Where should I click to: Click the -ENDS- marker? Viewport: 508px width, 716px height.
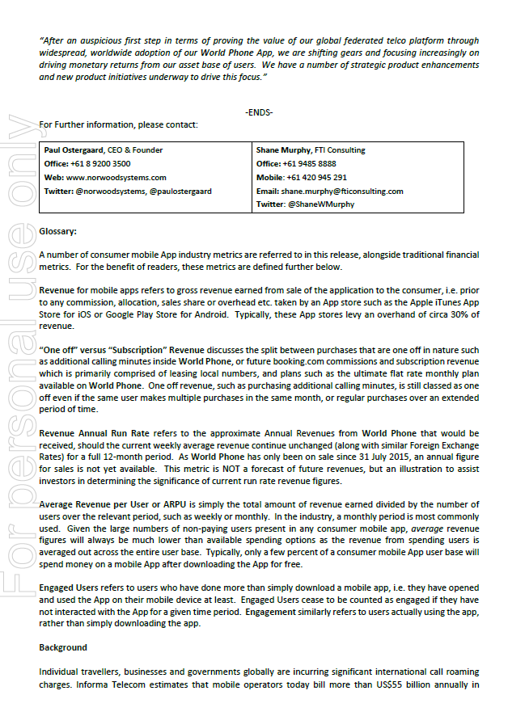(259, 112)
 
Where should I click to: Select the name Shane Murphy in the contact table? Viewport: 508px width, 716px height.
(285, 150)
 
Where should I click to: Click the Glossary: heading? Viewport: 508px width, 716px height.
(58, 232)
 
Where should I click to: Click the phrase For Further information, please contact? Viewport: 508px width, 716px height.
(117, 124)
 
